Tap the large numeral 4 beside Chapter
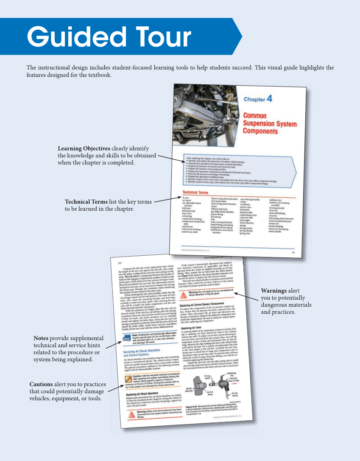click(270, 99)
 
